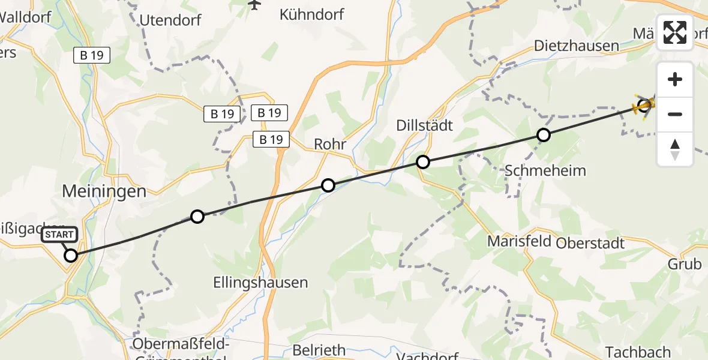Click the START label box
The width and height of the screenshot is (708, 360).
59,235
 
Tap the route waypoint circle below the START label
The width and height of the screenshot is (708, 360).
71,256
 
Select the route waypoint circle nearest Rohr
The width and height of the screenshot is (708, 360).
328,185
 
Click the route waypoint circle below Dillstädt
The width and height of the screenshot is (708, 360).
423,162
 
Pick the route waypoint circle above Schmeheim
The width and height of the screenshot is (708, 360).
543,135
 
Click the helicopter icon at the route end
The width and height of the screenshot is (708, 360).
644,106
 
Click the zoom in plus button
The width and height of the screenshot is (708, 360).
675,79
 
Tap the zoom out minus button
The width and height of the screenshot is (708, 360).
675,114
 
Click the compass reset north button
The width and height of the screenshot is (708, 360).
675,149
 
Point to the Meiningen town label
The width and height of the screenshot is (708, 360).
104,192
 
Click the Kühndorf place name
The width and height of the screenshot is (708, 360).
312,14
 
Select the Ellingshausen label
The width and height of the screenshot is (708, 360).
260,283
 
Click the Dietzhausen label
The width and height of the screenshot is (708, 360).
576,46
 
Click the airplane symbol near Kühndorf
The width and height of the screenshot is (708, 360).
254,5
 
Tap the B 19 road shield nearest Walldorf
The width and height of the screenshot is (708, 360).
92,56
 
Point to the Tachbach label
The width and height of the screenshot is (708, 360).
637,352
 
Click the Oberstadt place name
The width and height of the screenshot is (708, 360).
590,243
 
